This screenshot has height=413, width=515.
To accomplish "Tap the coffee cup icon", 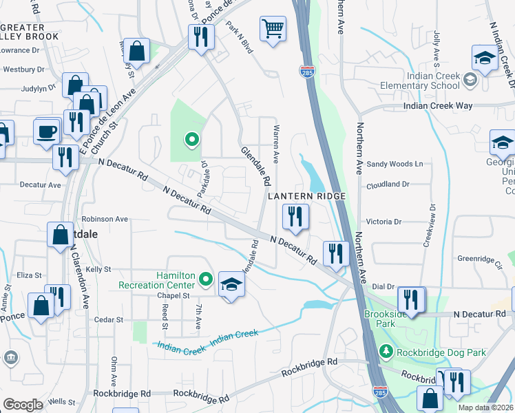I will [47, 131].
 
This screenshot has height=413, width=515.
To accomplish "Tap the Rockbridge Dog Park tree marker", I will [386, 352].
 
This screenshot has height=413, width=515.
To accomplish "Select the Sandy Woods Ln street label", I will [394, 164].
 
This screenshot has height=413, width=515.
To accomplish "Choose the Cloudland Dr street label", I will [388, 184].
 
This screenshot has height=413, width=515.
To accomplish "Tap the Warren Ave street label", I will [276, 144].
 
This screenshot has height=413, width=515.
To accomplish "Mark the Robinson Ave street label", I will [105, 219].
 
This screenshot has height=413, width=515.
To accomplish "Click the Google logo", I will [23, 405].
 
